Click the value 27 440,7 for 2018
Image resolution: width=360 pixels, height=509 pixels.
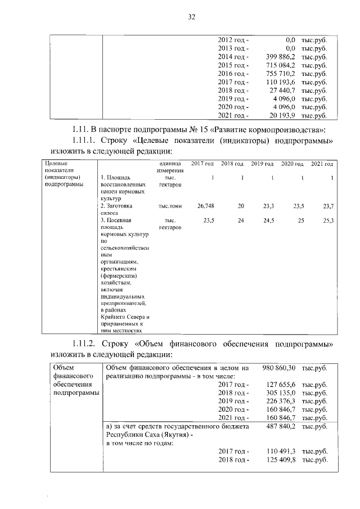coord(283,91)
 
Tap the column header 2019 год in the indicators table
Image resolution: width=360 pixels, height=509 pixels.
coord(262,164)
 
